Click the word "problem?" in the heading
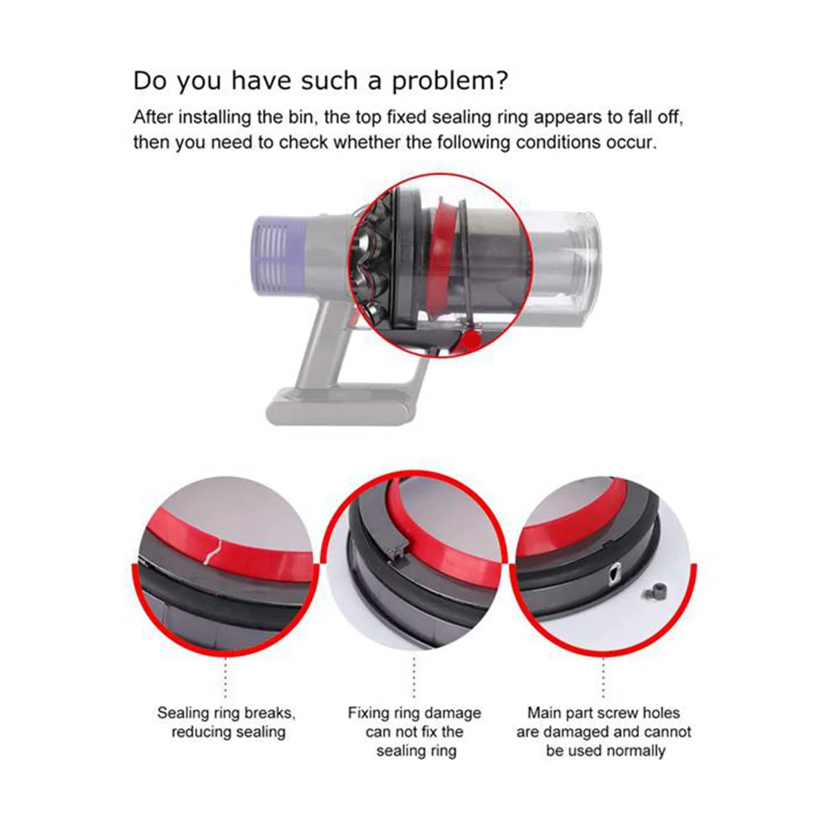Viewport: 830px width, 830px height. click(x=450, y=82)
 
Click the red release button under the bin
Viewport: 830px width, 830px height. click(x=471, y=340)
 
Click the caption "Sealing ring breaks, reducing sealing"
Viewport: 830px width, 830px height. click(x=227, y=722)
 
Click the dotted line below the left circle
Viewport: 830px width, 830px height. click(x=225, y=678)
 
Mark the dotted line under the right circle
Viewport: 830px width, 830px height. click(x=603, y=678)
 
